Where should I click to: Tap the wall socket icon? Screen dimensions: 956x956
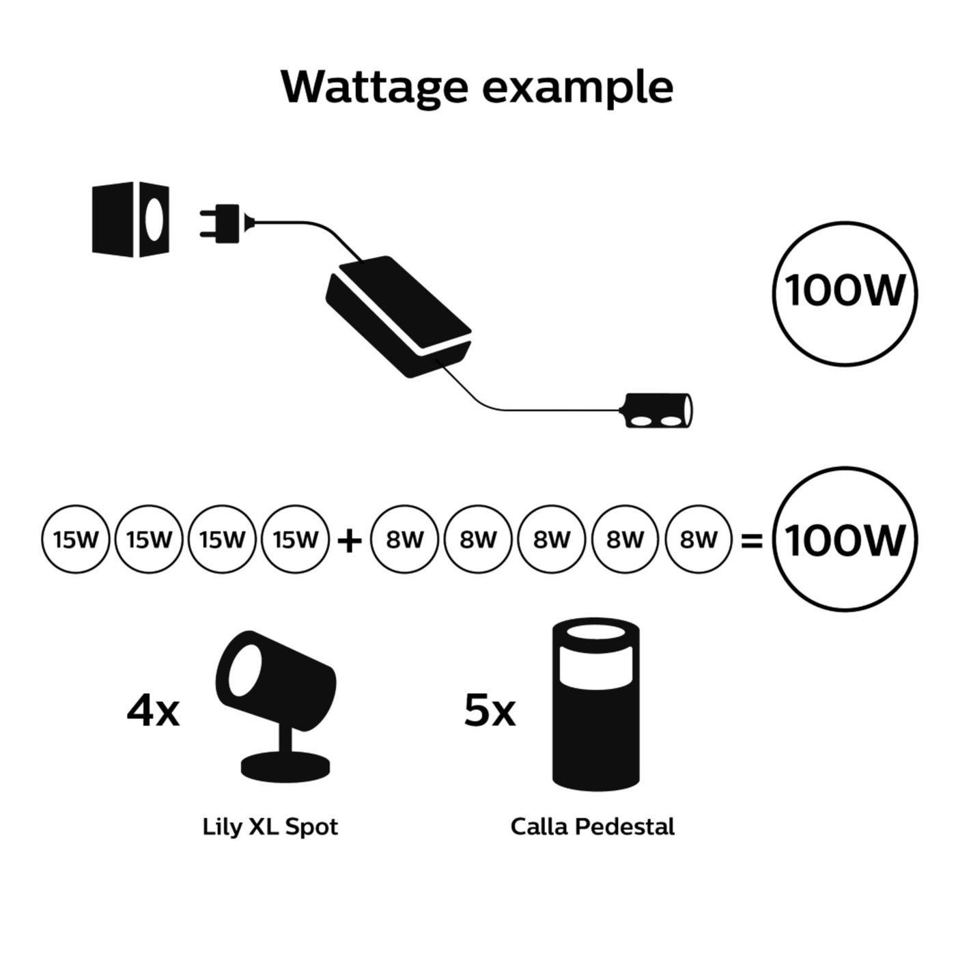coord(130,220)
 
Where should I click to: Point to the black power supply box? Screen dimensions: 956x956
coord(399,314)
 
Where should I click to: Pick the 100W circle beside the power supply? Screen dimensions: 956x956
coord(844,292)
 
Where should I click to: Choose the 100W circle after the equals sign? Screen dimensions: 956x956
coord(844,540)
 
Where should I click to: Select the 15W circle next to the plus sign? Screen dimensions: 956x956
coord(295,540)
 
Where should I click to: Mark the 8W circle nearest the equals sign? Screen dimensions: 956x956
coord(698,540)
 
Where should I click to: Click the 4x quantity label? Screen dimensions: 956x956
coord(153,710)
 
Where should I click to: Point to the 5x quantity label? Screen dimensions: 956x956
coord(489,710)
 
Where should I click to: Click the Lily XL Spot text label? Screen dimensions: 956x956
coord(270,827)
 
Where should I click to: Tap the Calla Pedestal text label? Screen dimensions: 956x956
coord(592,827)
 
